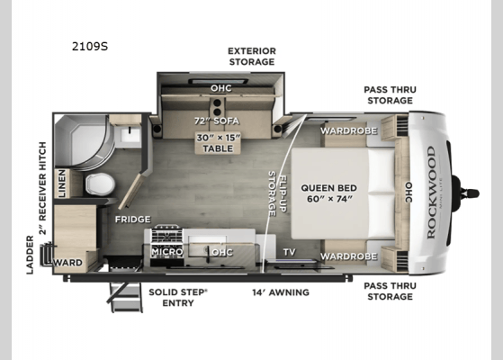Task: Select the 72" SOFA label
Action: [221, 120]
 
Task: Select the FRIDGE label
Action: [131, 219]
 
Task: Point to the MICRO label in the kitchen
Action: [166, 252]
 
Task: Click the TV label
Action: [289, 252]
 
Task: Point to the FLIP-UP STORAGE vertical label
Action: [275, 193]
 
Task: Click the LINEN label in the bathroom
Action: [60, 184]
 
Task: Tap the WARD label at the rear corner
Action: [68, 263]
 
